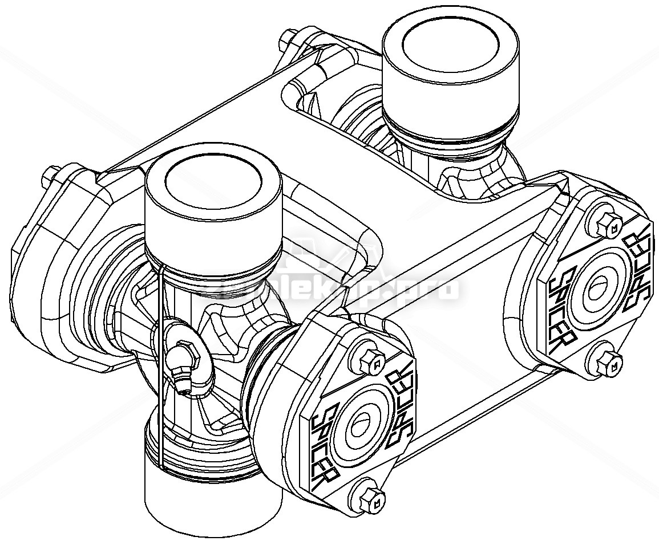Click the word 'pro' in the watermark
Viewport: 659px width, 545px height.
(434, 288)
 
